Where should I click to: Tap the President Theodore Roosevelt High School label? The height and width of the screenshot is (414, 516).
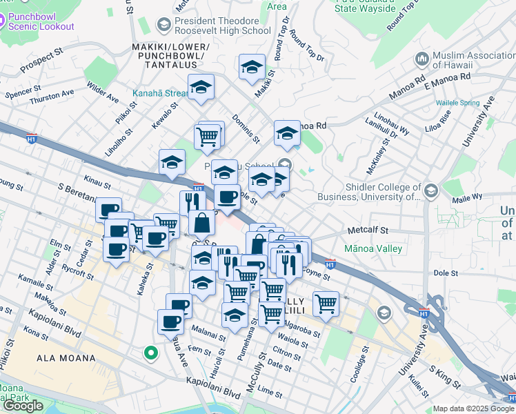click(222, 26)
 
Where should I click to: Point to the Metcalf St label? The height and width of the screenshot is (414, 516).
click(368, 230)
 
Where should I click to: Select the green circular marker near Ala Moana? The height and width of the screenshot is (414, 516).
click(149, 354)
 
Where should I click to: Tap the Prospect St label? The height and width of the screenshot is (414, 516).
click(41, 60)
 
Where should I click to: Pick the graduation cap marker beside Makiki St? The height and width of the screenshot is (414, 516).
click(252, 68)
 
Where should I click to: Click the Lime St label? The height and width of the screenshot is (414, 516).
click(266, 391)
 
